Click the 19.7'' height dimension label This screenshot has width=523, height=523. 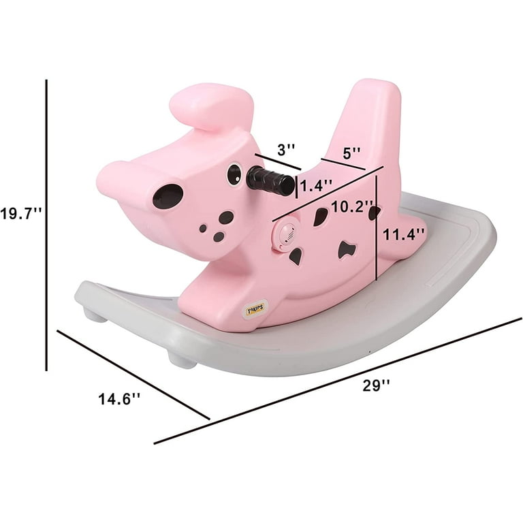click(20, 213)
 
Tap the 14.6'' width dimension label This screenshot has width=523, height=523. click(119, 399)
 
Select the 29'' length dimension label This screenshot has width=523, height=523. click(376, 386)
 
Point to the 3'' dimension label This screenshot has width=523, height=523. click(286, 150)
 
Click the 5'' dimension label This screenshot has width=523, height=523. click(351, 153)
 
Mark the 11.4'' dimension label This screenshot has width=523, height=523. click(404, 234)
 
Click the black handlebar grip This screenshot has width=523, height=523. click(270, 182)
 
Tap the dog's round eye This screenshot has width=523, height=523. click(234, 174)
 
